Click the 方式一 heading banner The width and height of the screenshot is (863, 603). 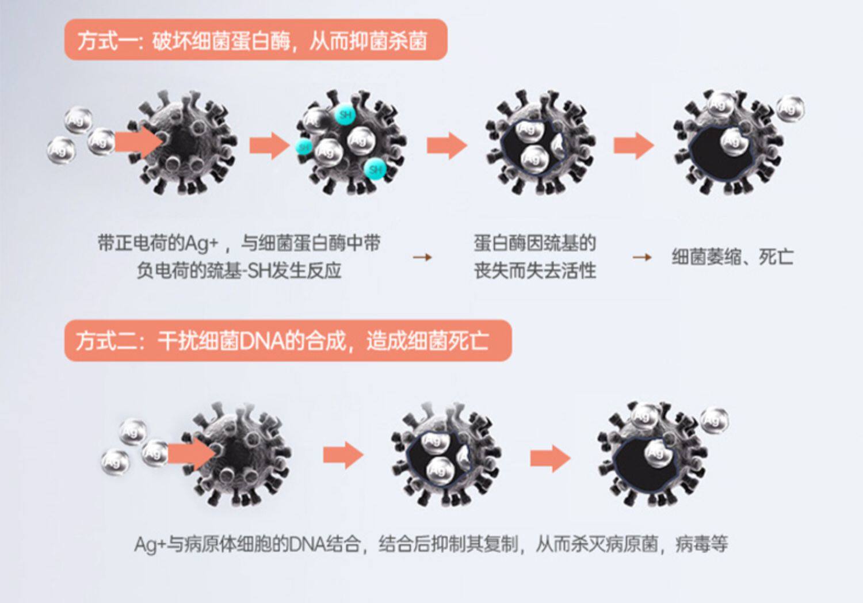click(x=255, y=40)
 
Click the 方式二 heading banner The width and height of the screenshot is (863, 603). click(x=288, y=341)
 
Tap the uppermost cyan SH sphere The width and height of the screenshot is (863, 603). click(x=345, y=115)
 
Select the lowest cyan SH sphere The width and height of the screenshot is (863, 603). click(x=375, y=169)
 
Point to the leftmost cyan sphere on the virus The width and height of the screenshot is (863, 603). click(x=304, y=147)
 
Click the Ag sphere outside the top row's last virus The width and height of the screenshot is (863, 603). click(x=791, y=109)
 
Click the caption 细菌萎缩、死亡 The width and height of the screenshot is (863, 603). click(x=732, y=257)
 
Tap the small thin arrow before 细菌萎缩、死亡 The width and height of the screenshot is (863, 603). click(x=641, y=257)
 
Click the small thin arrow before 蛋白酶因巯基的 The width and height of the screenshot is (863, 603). click(x=422, y=257)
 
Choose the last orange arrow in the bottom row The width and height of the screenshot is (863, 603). click(x=550, y=458)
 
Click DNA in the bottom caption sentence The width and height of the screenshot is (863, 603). click(x=307, y=544)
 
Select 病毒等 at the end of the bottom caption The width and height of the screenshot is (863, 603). click(x=702, y=544)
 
